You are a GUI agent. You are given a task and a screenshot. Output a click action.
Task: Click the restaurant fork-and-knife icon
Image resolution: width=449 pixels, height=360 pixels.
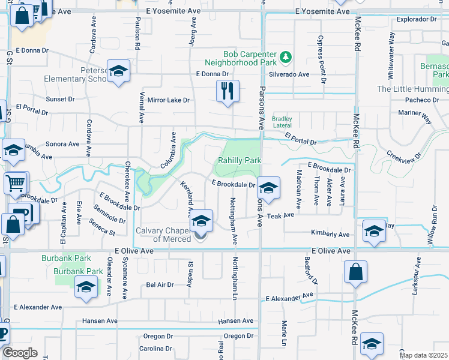point(228,91)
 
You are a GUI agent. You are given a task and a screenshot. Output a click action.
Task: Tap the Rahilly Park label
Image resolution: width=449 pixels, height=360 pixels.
point(240,161)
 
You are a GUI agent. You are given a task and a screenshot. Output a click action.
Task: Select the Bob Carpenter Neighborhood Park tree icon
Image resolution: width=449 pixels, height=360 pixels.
point(287,57)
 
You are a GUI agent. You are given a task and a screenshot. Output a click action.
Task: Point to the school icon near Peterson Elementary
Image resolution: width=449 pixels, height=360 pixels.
point(118,71)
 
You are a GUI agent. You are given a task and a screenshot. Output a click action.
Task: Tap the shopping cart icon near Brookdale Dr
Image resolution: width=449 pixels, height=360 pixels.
point(16,183)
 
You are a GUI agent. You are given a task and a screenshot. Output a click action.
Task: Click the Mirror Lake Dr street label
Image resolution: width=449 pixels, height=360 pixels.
point(168,100)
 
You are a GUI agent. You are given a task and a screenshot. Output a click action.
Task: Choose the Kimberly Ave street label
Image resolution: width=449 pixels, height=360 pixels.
point(330,234)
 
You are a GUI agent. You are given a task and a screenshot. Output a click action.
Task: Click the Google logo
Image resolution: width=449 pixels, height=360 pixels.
point(20,353)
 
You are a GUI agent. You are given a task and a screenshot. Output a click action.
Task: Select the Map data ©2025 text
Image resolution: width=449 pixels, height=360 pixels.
point(423,355)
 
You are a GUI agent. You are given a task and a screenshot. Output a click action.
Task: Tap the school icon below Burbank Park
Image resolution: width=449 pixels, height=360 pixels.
point(86,288)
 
